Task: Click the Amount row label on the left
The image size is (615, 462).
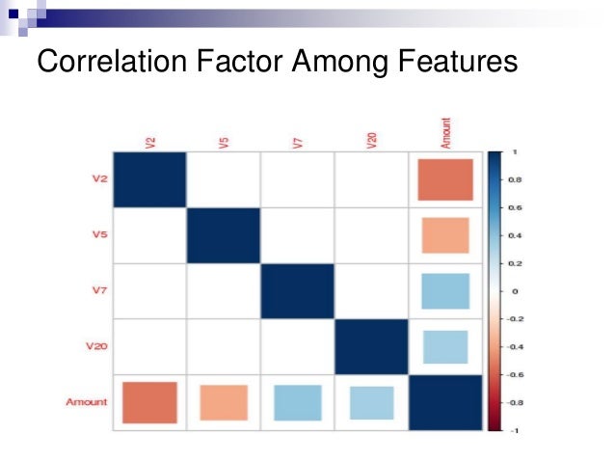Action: (x=87, y=401)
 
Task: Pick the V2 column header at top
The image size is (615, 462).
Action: (x=150, y=143)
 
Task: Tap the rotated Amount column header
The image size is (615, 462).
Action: (x=445, y=133)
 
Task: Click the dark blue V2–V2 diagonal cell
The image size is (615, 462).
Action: (x=149, y=179)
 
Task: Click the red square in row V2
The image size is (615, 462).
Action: (x=445, y=179)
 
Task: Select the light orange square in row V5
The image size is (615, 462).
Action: (x=445, y=235)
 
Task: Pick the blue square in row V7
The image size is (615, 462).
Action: (x=445, y=291)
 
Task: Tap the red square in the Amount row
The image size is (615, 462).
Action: (x=149, y=402)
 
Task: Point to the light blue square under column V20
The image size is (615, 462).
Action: (x=371, y=402)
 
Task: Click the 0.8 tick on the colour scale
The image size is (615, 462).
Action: (x=515, y=179)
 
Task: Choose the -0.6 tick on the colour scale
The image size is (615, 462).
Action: (x=515, y=374)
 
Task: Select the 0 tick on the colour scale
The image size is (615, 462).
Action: (x=515, y=290)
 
